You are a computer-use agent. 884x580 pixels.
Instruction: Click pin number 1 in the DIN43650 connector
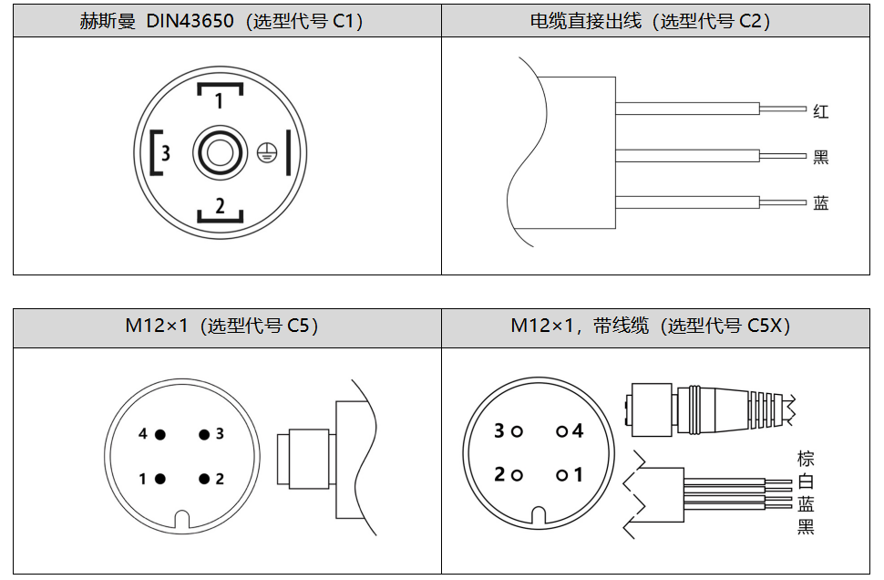pos(220,99)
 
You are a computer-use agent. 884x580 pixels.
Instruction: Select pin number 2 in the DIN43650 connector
pos(220,206)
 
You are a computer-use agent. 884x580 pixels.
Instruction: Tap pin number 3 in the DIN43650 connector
pos(165,152)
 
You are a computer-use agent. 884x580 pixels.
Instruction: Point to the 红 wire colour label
pos(821,112)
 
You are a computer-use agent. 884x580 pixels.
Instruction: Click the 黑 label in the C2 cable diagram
pos(821,157)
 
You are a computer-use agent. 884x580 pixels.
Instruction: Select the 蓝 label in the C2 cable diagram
pos(821,202)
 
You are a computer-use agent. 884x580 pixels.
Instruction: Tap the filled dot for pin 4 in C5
pos(160,434)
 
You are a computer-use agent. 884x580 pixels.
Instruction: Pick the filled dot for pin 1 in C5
pos(160,479)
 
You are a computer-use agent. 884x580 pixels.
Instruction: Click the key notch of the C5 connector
pos(182,520)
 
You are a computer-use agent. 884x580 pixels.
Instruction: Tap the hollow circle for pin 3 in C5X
pos(518,431)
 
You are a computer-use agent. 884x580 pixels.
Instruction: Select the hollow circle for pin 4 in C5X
pos(561,431)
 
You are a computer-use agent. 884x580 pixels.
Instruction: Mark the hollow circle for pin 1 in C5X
pos(561,475)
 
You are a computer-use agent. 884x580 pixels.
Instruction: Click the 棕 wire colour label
pos(806,459)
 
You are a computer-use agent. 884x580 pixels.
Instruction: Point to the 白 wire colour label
pos(806,482)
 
